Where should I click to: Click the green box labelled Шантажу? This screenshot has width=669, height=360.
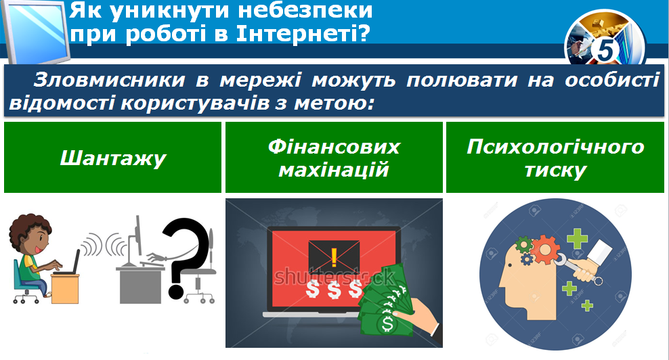(x=112, y=158)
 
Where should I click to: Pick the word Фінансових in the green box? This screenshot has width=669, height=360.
(x=334, y=147)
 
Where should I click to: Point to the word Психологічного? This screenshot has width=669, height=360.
(x=555, y=147)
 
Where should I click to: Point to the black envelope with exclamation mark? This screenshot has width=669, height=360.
(x=334, y=257)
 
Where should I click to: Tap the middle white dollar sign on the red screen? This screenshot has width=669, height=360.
(x=333, y=290)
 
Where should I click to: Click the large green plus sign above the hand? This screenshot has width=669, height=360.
(x=578, y=239)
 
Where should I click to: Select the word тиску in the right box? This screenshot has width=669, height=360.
(x=555, y=169)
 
